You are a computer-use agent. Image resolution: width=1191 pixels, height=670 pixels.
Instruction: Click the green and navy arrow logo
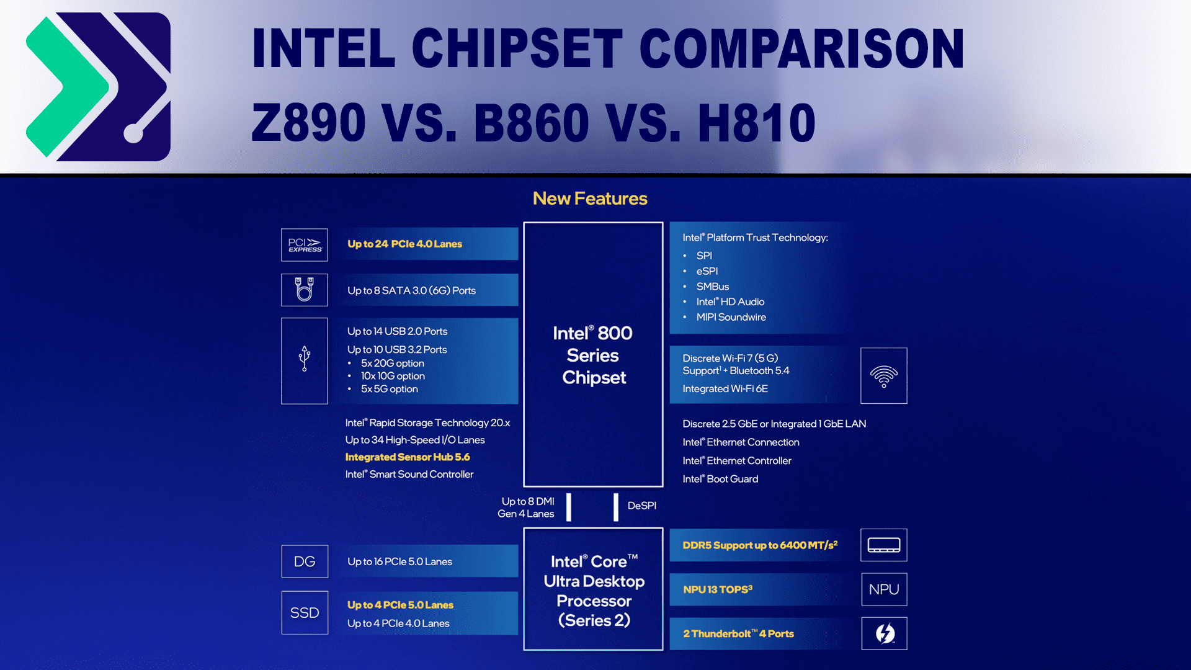tap(98, 87)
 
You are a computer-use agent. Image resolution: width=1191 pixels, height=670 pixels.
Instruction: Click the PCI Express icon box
tap(305, 245)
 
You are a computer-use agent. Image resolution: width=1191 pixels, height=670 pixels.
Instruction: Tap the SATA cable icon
tap(305, 290)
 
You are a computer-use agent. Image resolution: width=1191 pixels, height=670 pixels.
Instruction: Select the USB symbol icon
tap(305, 359)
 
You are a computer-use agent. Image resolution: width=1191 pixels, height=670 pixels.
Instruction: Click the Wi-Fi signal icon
tap(884, 376)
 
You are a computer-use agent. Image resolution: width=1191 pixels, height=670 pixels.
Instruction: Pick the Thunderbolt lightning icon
tap(885, 633)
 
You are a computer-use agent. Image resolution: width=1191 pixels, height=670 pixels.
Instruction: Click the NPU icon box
tap(884, 589)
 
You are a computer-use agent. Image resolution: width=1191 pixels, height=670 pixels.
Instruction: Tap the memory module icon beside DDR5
tap(884, 545)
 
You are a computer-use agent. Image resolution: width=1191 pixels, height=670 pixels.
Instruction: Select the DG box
tap(305, 561)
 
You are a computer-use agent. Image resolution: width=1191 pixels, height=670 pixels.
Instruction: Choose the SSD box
tap(305, 613)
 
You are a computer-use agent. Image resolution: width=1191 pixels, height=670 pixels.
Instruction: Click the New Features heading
tap(590, 199)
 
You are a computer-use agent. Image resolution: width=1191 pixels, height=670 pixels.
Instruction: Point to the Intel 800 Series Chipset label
tap(594, 355)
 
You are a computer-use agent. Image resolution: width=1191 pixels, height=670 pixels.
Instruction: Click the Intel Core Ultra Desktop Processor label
tap(594, 591)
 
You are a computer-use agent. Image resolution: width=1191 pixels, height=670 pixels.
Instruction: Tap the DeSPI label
tap(642, 506)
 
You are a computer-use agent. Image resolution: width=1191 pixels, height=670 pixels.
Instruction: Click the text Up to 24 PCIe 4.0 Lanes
tap(404, 244)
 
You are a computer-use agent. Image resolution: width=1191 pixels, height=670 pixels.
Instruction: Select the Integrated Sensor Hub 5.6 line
tap(408, 457)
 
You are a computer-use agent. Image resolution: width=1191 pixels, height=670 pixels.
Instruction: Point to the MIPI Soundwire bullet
tap(731, 317)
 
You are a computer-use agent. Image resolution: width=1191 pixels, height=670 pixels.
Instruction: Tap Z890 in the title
tap(309, 123)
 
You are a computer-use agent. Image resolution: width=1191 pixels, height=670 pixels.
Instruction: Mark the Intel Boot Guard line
tap(720, 479)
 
